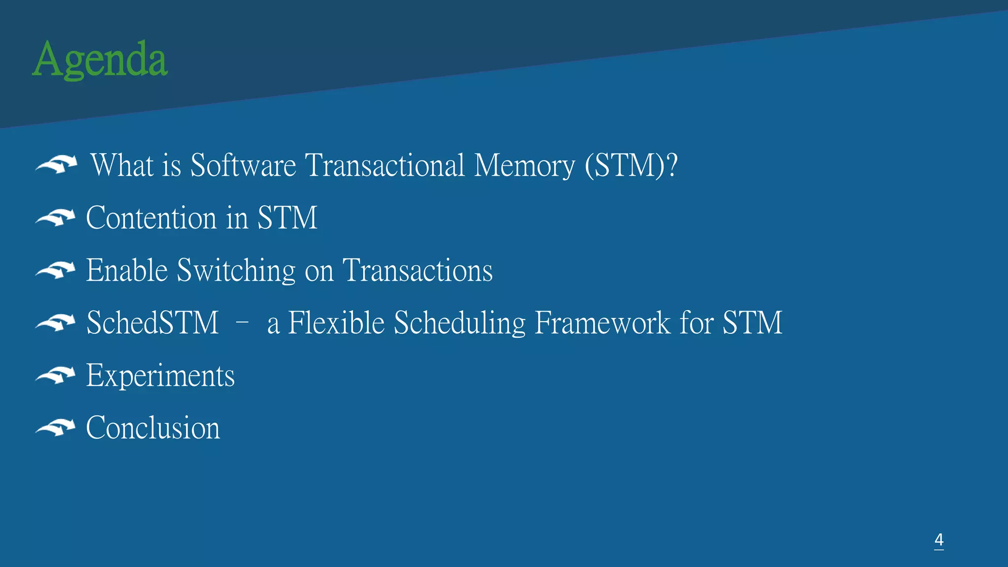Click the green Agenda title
(x=100, y=60)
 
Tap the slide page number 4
(x=939, y=540)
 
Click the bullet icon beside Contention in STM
(x=56, y=218)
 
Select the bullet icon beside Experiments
(x=56, y=376)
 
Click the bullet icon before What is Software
(x=57, y=164)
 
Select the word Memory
(x=524, y=166)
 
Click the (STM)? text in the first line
(x=631, y=165)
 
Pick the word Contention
(x=151, y=218)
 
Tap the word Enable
(x=127, y=270)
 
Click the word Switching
(x=236, y=271)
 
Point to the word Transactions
(x=417, y=270)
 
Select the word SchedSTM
(x=153, y=323)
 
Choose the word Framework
(x=602, y=323)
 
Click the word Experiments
(x=160, y=376)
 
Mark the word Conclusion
(x=153, y=427)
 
